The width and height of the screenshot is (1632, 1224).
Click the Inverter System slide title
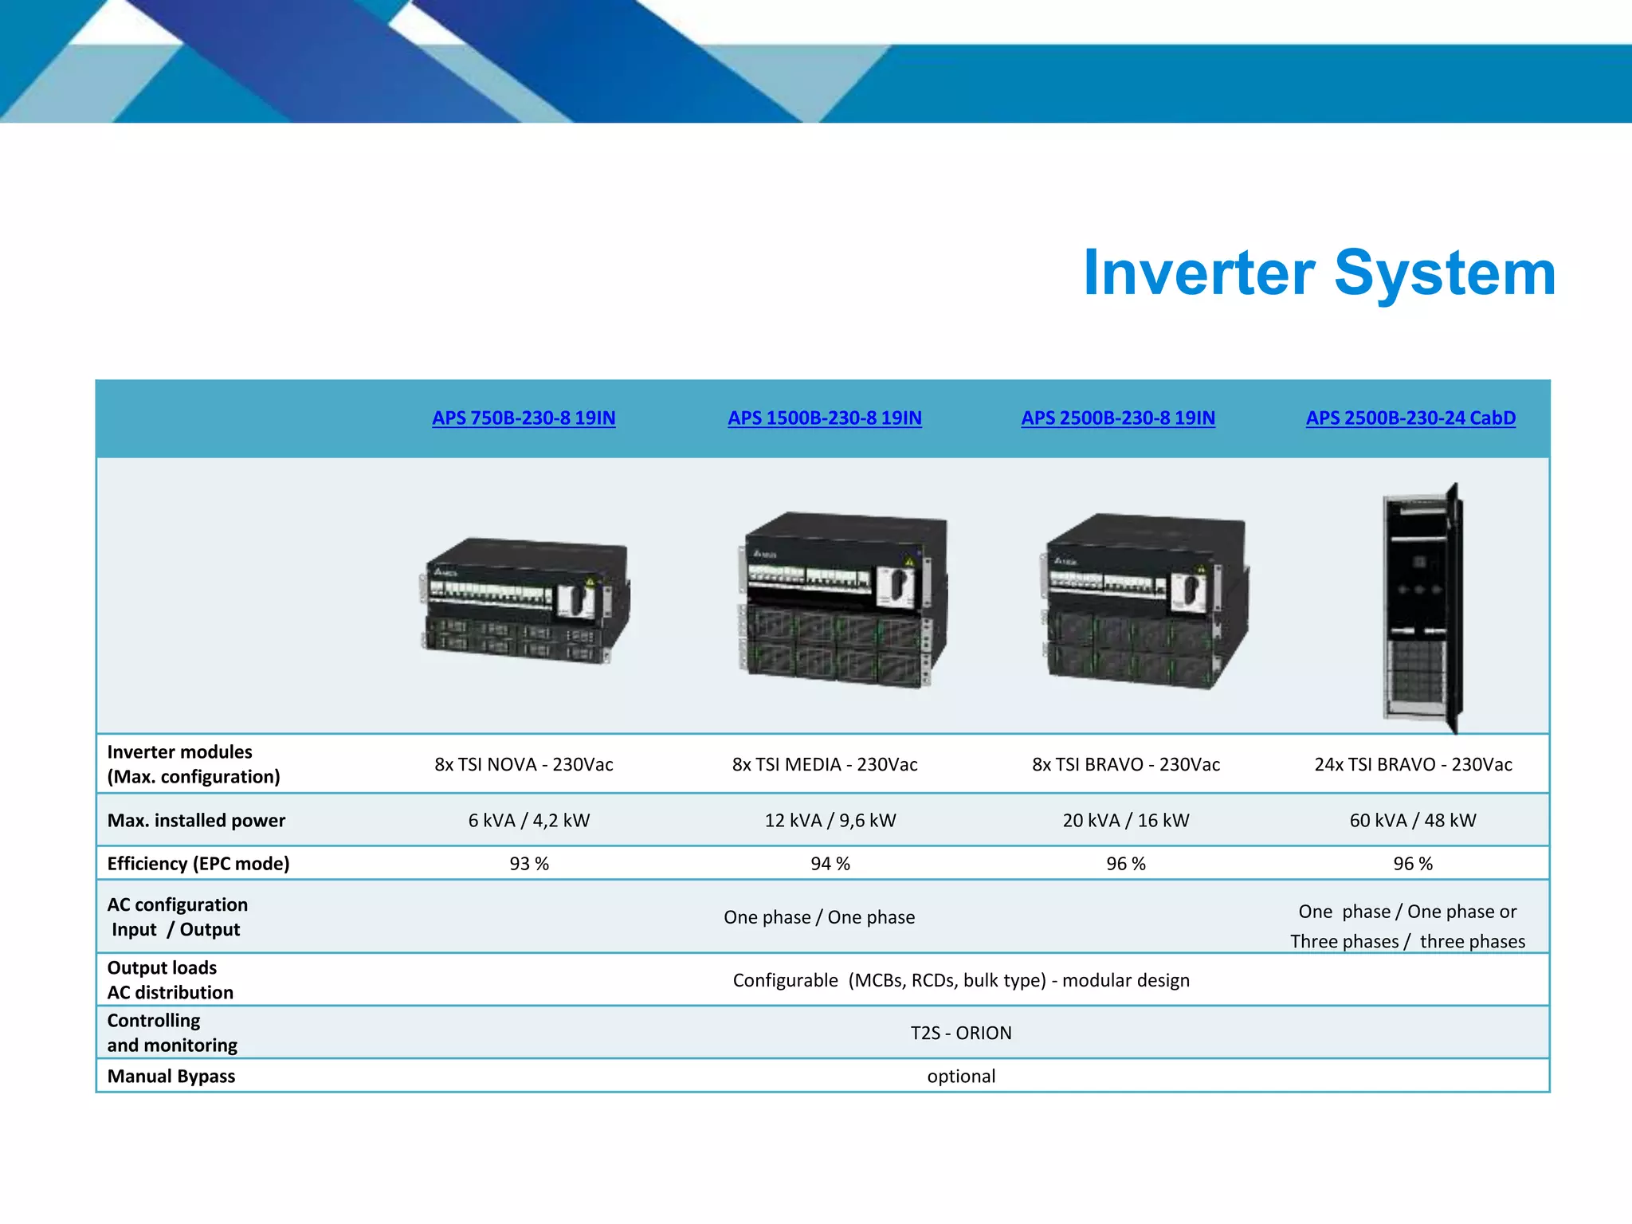[1319, 273]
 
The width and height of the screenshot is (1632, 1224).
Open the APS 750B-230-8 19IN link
[524, 418]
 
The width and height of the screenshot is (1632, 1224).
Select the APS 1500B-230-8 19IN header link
[825, 418]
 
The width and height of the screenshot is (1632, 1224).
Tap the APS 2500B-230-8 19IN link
[1118, 418]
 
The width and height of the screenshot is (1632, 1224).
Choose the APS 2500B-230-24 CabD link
[1410, 418]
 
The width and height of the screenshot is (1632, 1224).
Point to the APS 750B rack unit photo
[524, 602]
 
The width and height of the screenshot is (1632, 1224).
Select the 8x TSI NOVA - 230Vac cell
[524, 764]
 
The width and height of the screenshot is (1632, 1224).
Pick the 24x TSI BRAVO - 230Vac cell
[1413, 764]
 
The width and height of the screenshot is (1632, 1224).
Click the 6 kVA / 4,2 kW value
[528, 820]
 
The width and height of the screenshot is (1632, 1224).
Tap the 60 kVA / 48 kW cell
[1413, 820]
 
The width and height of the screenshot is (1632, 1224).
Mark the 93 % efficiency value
[529, 864]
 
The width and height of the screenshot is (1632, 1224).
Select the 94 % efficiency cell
[830, 864]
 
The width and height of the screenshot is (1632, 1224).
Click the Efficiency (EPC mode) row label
[198, 864]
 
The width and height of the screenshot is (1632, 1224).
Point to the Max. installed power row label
[196, 820]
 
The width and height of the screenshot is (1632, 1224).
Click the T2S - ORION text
[961, 1033]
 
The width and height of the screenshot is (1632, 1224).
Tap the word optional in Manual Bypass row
[961, 1076]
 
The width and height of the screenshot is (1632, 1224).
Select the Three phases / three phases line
[1407, 941]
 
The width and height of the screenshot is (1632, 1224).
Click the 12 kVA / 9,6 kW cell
[830, 820]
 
